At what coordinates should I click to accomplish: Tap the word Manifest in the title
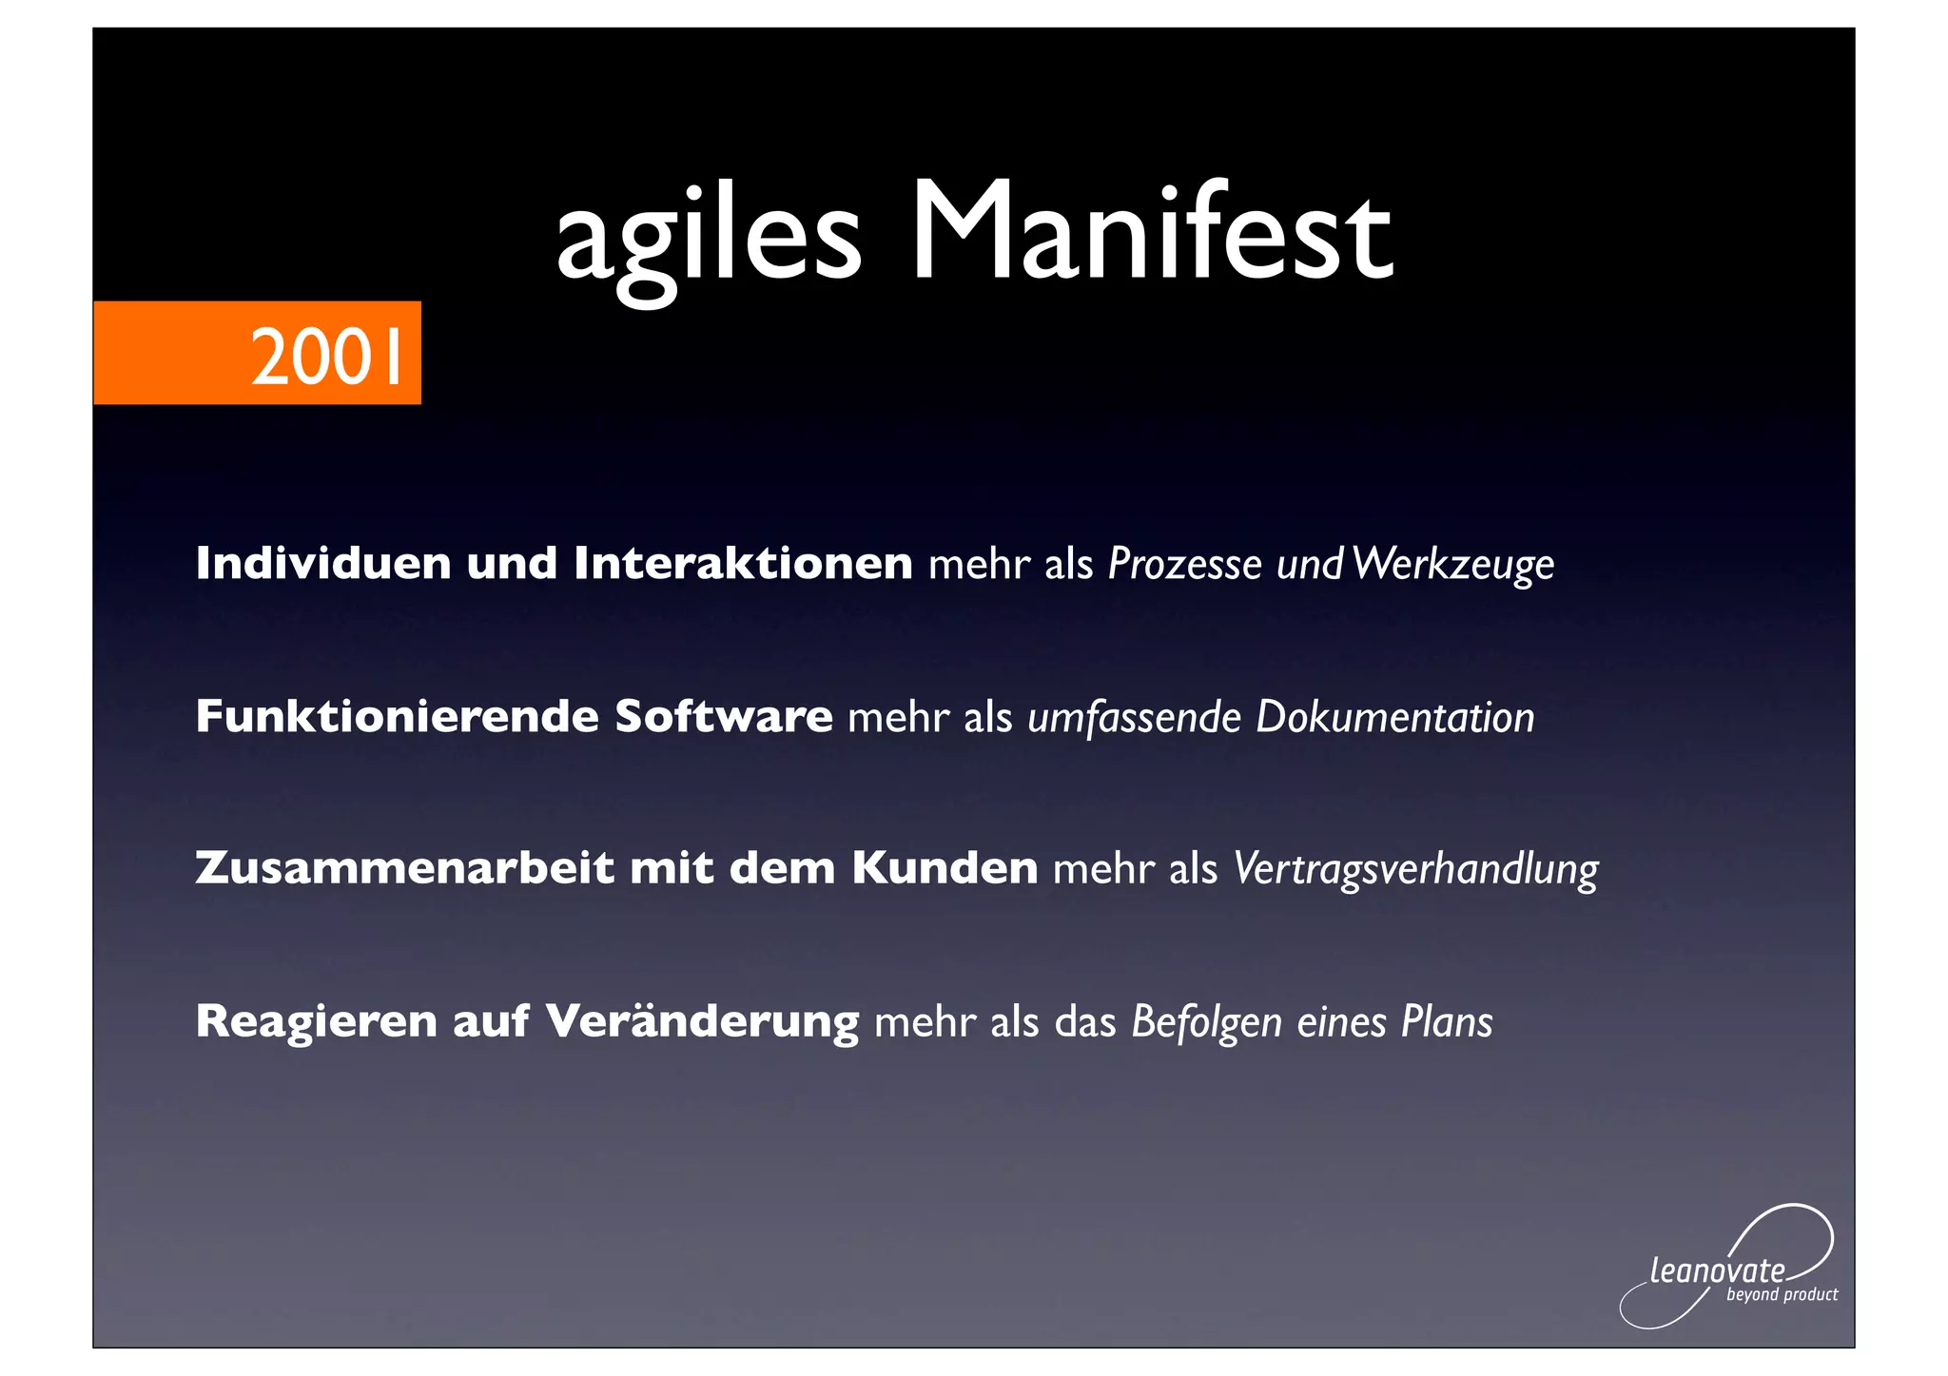click(x=1151, y=232)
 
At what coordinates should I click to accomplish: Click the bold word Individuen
click(x=323, y=563)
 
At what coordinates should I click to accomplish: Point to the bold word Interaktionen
click(x=743, y=563)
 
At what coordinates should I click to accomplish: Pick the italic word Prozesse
click(x=1184, y=565)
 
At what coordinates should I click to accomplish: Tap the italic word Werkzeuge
click(x=1452, y=565)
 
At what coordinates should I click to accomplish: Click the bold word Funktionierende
click(x=397, y=716)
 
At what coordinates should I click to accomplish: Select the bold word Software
click(x=723, y=716)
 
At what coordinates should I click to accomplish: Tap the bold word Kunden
click(x=944, y=868)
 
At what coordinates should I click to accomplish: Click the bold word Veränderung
click(x=702, y=1021)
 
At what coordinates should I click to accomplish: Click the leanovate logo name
click(x=1717, y=1270)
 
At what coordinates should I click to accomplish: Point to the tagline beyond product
click(x=1782, y=1295)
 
